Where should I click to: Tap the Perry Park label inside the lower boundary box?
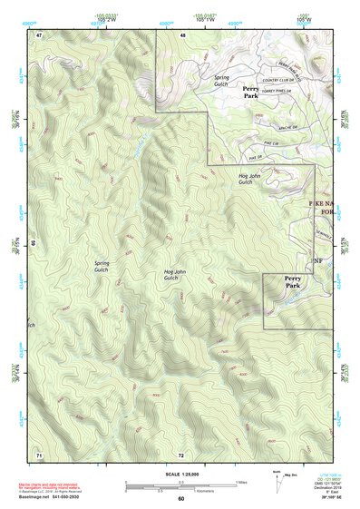coord(292,282)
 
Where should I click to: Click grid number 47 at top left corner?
coord(39,34)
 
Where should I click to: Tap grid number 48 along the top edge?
coord(182,34)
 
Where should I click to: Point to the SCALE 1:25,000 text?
coord(180,474)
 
